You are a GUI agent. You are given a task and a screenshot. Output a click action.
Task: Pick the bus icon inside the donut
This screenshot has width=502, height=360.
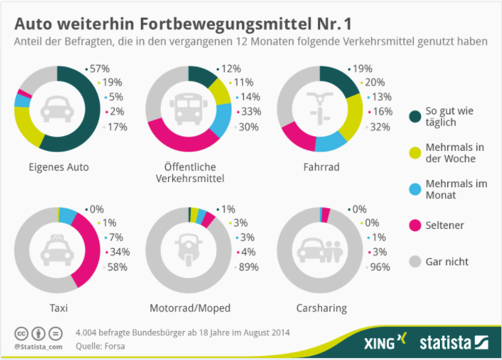pyautogui.click(x=188, y=109)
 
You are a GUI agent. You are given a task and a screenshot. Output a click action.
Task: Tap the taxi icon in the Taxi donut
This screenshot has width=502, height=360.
pyautogui.click(x=58, y=249)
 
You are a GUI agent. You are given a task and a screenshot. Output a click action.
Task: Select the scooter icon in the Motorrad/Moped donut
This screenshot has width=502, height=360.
pyautogui.click(x=189, y=249)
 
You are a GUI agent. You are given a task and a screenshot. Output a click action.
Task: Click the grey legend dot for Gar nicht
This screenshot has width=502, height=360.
pyautogui.click(x=415, y=261)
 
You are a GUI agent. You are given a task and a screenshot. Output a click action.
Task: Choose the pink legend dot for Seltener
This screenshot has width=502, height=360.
pyautogui.click(x=415, y=226)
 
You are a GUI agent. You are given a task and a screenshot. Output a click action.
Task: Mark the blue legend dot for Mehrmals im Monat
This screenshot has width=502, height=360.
pyautogui.click(x=415, y=189)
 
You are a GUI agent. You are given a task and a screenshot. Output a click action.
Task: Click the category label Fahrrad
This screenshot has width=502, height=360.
pyautogui.click(x=321, y=167)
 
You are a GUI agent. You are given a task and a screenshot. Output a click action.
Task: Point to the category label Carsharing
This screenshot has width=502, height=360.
pyautogui.click(x=321, y=308)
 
